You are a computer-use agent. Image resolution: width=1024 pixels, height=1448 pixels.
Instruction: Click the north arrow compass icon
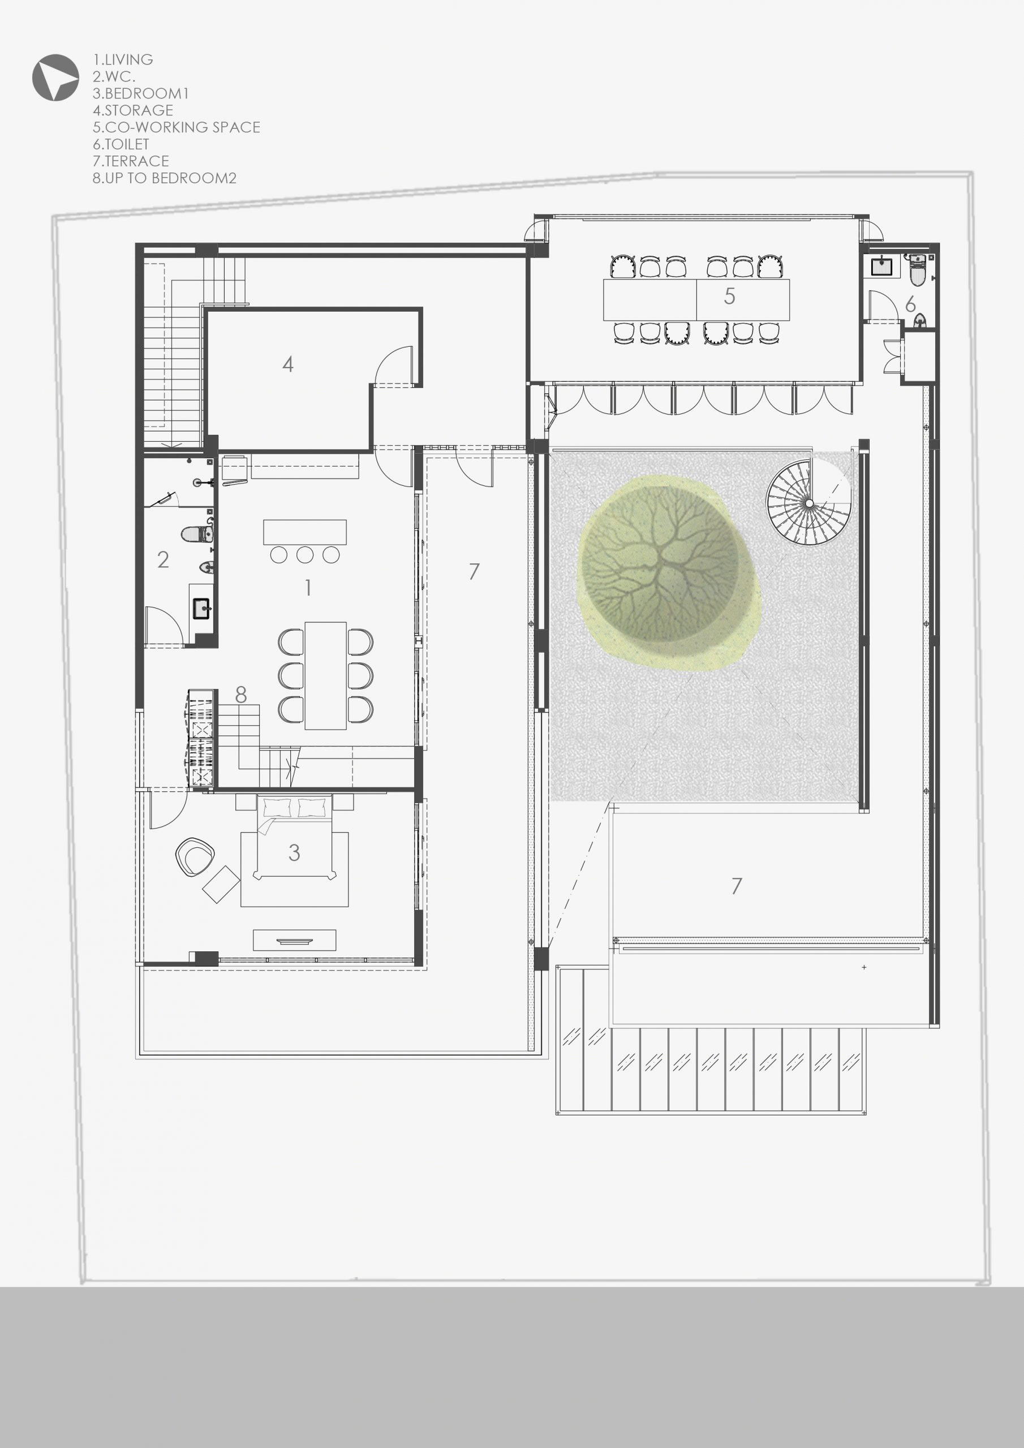[55, 77]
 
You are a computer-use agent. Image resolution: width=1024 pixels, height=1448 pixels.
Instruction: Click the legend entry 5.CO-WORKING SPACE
[176, 127]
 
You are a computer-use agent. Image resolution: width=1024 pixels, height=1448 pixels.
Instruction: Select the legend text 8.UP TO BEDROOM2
[164, 179]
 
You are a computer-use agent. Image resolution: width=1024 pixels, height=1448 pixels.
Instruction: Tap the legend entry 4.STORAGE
[132, 110]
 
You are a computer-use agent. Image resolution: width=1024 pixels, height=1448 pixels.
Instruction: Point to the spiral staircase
[807, 502]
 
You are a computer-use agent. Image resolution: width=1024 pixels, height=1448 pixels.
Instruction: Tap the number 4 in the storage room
[288, 364]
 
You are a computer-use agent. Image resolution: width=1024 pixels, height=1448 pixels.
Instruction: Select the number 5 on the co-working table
[729, 296]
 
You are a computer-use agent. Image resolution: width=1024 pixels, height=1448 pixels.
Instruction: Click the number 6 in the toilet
[910, 305]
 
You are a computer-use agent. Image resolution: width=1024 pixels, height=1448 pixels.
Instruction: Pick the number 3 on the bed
[294, 852]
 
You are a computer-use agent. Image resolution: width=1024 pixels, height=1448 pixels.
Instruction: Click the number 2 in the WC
[163, 559]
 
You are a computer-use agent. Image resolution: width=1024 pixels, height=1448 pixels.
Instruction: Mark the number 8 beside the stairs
[240, 695]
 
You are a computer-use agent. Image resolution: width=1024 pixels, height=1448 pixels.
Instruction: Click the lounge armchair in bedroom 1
[195, 856]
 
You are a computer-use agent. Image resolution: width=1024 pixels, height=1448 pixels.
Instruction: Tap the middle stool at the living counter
[305, 555]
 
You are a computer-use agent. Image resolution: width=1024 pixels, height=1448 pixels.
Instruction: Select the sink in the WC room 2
[202, 609]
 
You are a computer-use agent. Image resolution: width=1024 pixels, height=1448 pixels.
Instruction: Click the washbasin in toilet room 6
[881, 266]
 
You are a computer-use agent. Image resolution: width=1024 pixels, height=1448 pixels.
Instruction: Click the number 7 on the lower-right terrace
[736, 886]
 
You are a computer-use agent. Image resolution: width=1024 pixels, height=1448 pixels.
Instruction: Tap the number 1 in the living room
[308, 588]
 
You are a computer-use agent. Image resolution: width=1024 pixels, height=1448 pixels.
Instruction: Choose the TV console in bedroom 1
[294, 940]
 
